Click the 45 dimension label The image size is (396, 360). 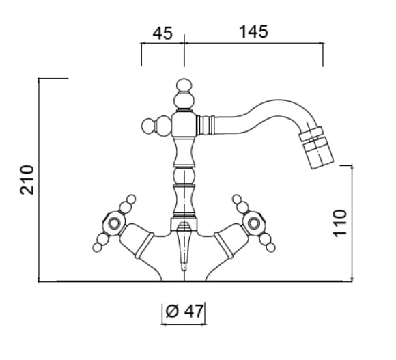tap(162, 33)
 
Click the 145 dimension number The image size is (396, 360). tap(253, 32)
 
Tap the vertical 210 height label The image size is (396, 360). tap(27, 180)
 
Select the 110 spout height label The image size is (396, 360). tap(340, 223)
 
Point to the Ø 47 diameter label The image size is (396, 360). tap(184, 311)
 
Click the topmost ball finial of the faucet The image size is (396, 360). tap(184, 85)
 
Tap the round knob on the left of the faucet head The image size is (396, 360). tap(149, 126)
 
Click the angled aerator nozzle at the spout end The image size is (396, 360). tap(316, 148)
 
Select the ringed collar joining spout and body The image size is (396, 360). tap(206, 125)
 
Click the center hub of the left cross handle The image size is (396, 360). tap(114, 223)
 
